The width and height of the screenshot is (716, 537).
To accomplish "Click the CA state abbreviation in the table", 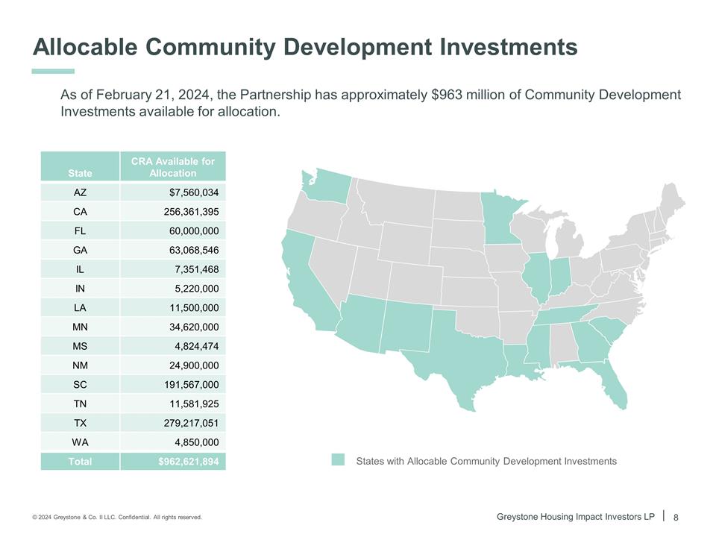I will [x=80, y=211].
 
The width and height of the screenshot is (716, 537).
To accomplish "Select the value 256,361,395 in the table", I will [x=191, y=211].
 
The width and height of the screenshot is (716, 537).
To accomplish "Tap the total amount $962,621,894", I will [x=188, y=462].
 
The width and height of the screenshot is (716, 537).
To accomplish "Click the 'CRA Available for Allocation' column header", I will [x=172, y=167].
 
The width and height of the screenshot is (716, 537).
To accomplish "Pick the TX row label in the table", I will [x=80, y=423].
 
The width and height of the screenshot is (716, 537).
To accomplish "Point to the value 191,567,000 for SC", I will [x=191, y=385].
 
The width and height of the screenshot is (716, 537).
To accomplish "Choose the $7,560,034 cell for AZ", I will [x=194, y=192].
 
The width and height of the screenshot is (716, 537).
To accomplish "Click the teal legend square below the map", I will [x=339, y=460].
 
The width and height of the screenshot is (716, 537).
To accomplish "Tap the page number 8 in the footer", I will [x=676, y=517].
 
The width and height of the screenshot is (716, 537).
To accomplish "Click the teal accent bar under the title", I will [x=54, y=71].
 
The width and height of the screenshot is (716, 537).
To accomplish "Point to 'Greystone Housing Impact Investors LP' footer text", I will [x=575, y=516].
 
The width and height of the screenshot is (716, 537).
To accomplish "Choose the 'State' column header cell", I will [x=80, y=173].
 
